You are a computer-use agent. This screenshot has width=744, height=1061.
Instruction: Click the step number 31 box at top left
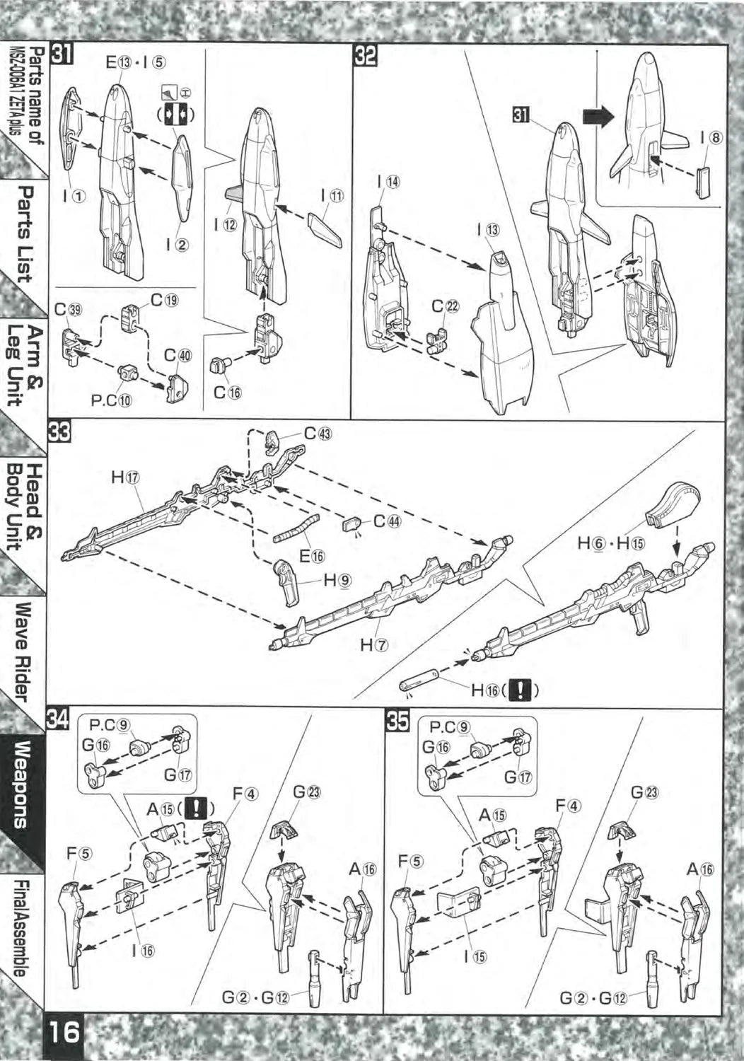[59, 54]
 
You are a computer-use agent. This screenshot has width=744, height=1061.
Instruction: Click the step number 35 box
[397, 720]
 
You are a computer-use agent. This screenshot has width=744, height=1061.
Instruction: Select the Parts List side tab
[25, 233]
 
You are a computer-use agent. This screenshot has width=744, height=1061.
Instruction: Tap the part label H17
[124, 477]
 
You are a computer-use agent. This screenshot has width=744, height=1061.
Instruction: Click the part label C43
[318, 432]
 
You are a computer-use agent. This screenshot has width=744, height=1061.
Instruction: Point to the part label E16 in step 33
[312, 556]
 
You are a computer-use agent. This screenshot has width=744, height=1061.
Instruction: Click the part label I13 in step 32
[487, 230]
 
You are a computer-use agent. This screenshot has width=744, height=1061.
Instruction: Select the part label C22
[446, 307]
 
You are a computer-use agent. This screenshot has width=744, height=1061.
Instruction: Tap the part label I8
[711, 138]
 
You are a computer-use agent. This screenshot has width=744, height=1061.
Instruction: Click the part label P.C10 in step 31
[111, 400]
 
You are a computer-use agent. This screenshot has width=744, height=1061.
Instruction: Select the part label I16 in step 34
[142, 951]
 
